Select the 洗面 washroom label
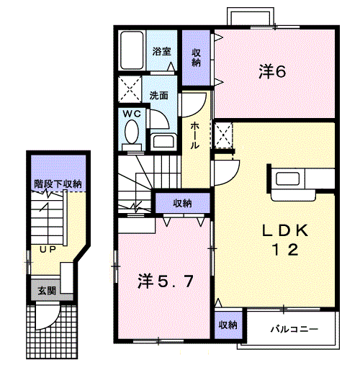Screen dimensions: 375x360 159,94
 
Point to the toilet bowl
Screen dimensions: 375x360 132,132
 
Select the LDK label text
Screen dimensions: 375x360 284,231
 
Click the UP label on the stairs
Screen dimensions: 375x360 48,250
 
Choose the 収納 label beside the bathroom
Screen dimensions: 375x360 196,57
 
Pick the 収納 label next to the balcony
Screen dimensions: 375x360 228,325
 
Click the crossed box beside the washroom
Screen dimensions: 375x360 132,91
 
